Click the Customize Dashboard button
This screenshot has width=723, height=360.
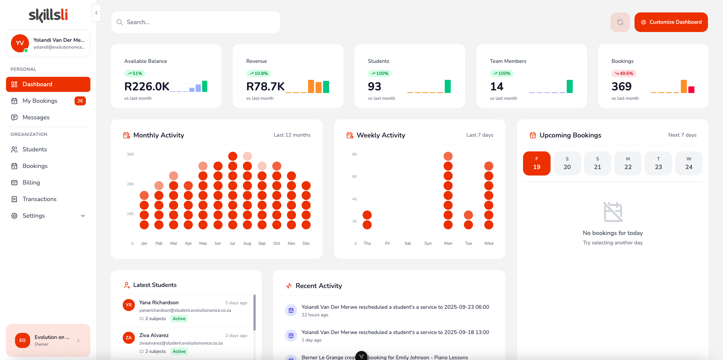pyautogui.click(x=671, y=22)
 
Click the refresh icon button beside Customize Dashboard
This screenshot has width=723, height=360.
pyautogui.click(x=620, y=22)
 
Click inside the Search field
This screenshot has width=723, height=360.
pyautogui.click(x=196, y=22)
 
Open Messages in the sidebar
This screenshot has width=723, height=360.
pyautogui.click(x=36, y=117)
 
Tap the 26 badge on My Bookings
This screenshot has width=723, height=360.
pyautogui.click(x=80, y=101)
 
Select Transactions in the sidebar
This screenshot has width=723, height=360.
pyautogui.click(x=39, y=199)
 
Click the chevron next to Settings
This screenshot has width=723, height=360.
pyautogui.click(x=83, y=216)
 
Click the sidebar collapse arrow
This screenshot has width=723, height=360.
pyautogui.click(x=96, y=13)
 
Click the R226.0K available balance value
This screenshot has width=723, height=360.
pyautogui.click(x=147, y=87)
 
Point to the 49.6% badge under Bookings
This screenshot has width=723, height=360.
pyautogui.click(x=624, y=73)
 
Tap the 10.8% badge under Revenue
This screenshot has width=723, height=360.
pyautogui.click(x=259, y=73)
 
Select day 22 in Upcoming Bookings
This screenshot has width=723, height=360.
pyautogui.click(x=628, y=163)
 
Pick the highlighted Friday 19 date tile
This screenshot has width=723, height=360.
pyautogui.click(x=537, y=163)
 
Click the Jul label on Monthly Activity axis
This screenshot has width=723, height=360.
pyautogui.click(x=232, y=243)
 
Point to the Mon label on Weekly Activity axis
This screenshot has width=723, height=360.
pyautogui.click(x=448, y=243)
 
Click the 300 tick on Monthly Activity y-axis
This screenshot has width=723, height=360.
pyautogui.click(x=130, y=154)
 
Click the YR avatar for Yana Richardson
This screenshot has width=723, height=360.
pyautogui.click(x=129, y=305)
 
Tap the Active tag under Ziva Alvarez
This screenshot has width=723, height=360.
pyautogui.click(x=179, y=351)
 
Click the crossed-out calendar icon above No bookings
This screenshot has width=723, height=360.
pyautogui.click(x=613, y=212)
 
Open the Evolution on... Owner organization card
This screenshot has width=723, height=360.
pyautogui.click(x=48, y=340)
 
